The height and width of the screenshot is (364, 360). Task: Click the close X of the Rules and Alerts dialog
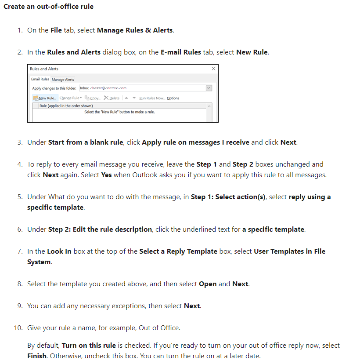click(213, 69)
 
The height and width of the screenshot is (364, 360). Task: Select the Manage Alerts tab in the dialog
click(63, 79)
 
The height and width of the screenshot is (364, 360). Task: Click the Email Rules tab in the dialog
click(40, 79)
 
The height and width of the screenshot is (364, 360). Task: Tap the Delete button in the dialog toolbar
click(113, 98)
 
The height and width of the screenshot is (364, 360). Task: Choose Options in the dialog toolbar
click(173, 98)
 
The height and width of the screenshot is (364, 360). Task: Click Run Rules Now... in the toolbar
click(152, 98)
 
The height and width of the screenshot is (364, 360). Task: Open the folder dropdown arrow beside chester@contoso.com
click(209, 88)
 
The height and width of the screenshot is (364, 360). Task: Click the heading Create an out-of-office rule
click(48, 7)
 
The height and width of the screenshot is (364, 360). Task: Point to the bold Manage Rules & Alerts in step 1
click(135, 30)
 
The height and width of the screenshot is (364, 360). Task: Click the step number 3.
click(20, 142)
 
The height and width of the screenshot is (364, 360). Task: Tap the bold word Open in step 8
click(208, 284)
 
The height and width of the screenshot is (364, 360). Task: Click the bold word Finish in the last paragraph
click(37, 356)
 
